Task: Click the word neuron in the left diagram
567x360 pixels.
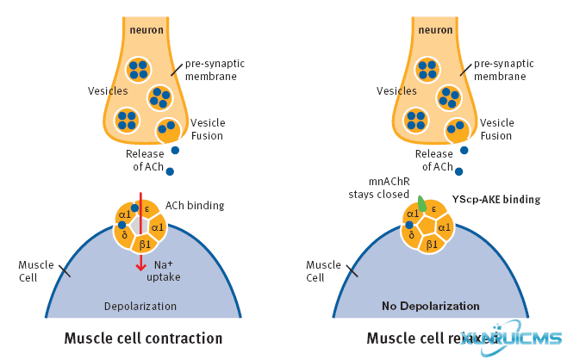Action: click(x=146, y=32)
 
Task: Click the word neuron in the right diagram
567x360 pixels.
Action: click(x=435, y=32)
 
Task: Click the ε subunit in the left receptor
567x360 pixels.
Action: click(x=148, y=208)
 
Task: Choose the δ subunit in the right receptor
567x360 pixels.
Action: click(x=412, y=235)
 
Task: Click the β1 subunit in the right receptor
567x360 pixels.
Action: click(x=432, y=245)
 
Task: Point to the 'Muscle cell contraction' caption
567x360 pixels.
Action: click(x=143, y=338)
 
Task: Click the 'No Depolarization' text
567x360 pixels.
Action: click(x=432, y=306)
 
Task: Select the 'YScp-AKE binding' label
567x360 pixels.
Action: click(x=496, y=200)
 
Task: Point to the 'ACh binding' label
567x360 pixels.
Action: click(x=200, y=206)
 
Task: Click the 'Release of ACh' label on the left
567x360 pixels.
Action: click(x=145, y=160)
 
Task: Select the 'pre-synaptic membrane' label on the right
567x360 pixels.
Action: click(x=504, y=70)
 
